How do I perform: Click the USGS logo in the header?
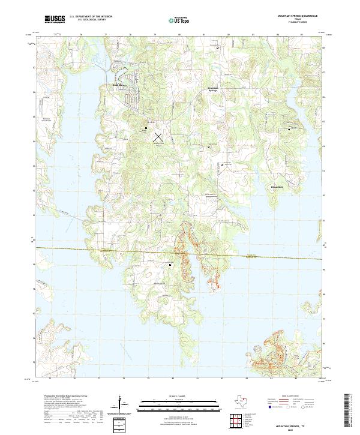click(55, 20)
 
